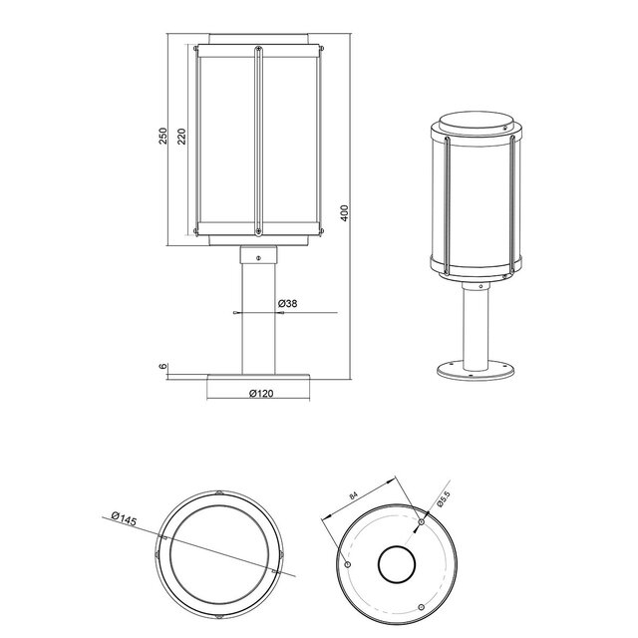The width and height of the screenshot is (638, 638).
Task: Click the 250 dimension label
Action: (163, 137)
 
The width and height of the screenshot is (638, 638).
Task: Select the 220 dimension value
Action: (181, 137)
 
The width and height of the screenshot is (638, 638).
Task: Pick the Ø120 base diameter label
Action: (260, 393)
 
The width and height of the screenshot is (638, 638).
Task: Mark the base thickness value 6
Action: (163, 368)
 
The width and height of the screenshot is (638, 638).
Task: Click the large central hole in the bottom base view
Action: (396, 564)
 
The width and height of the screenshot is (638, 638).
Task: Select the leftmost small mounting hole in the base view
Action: (346, 564)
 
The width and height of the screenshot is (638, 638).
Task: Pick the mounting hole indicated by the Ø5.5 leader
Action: (421, 521)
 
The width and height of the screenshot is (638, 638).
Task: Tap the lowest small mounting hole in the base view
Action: (421, 607)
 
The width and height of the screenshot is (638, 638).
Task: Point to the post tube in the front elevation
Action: (259, 319)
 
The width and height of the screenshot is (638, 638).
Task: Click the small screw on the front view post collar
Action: (259, 258)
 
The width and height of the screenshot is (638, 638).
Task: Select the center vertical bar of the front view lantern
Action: (259, 140)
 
